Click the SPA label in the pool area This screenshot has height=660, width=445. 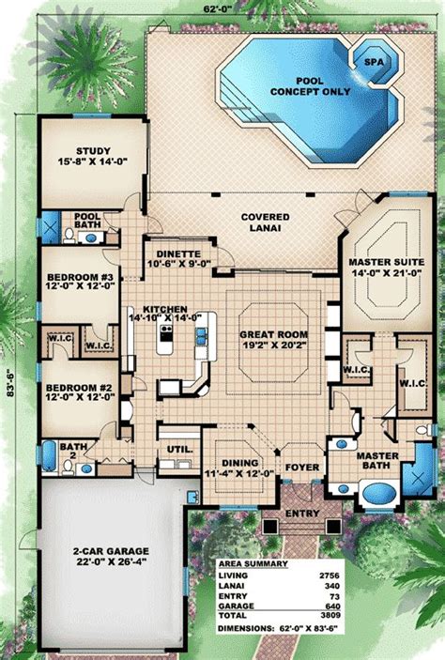[374, 62]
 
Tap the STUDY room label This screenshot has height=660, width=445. [94, 151]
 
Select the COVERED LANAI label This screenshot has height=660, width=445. [266, 223]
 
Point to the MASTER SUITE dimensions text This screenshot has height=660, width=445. [386, 273]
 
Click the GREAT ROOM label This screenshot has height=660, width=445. [273, 334]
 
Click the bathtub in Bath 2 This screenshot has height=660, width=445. [49, 455]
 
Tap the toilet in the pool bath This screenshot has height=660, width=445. [69, 236]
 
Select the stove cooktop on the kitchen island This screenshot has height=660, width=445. [166, 333]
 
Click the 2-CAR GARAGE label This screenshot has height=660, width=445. [111, 551]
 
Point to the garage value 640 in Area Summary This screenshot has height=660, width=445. [332, 606]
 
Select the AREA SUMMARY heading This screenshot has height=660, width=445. [253, 564]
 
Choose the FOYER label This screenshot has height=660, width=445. [302, 468]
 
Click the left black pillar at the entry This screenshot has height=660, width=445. [269, 526]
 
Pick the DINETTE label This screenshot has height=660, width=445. [178, 254]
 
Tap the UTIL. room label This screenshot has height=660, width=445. [179, 450]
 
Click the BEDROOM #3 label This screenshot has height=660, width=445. [80, 277]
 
